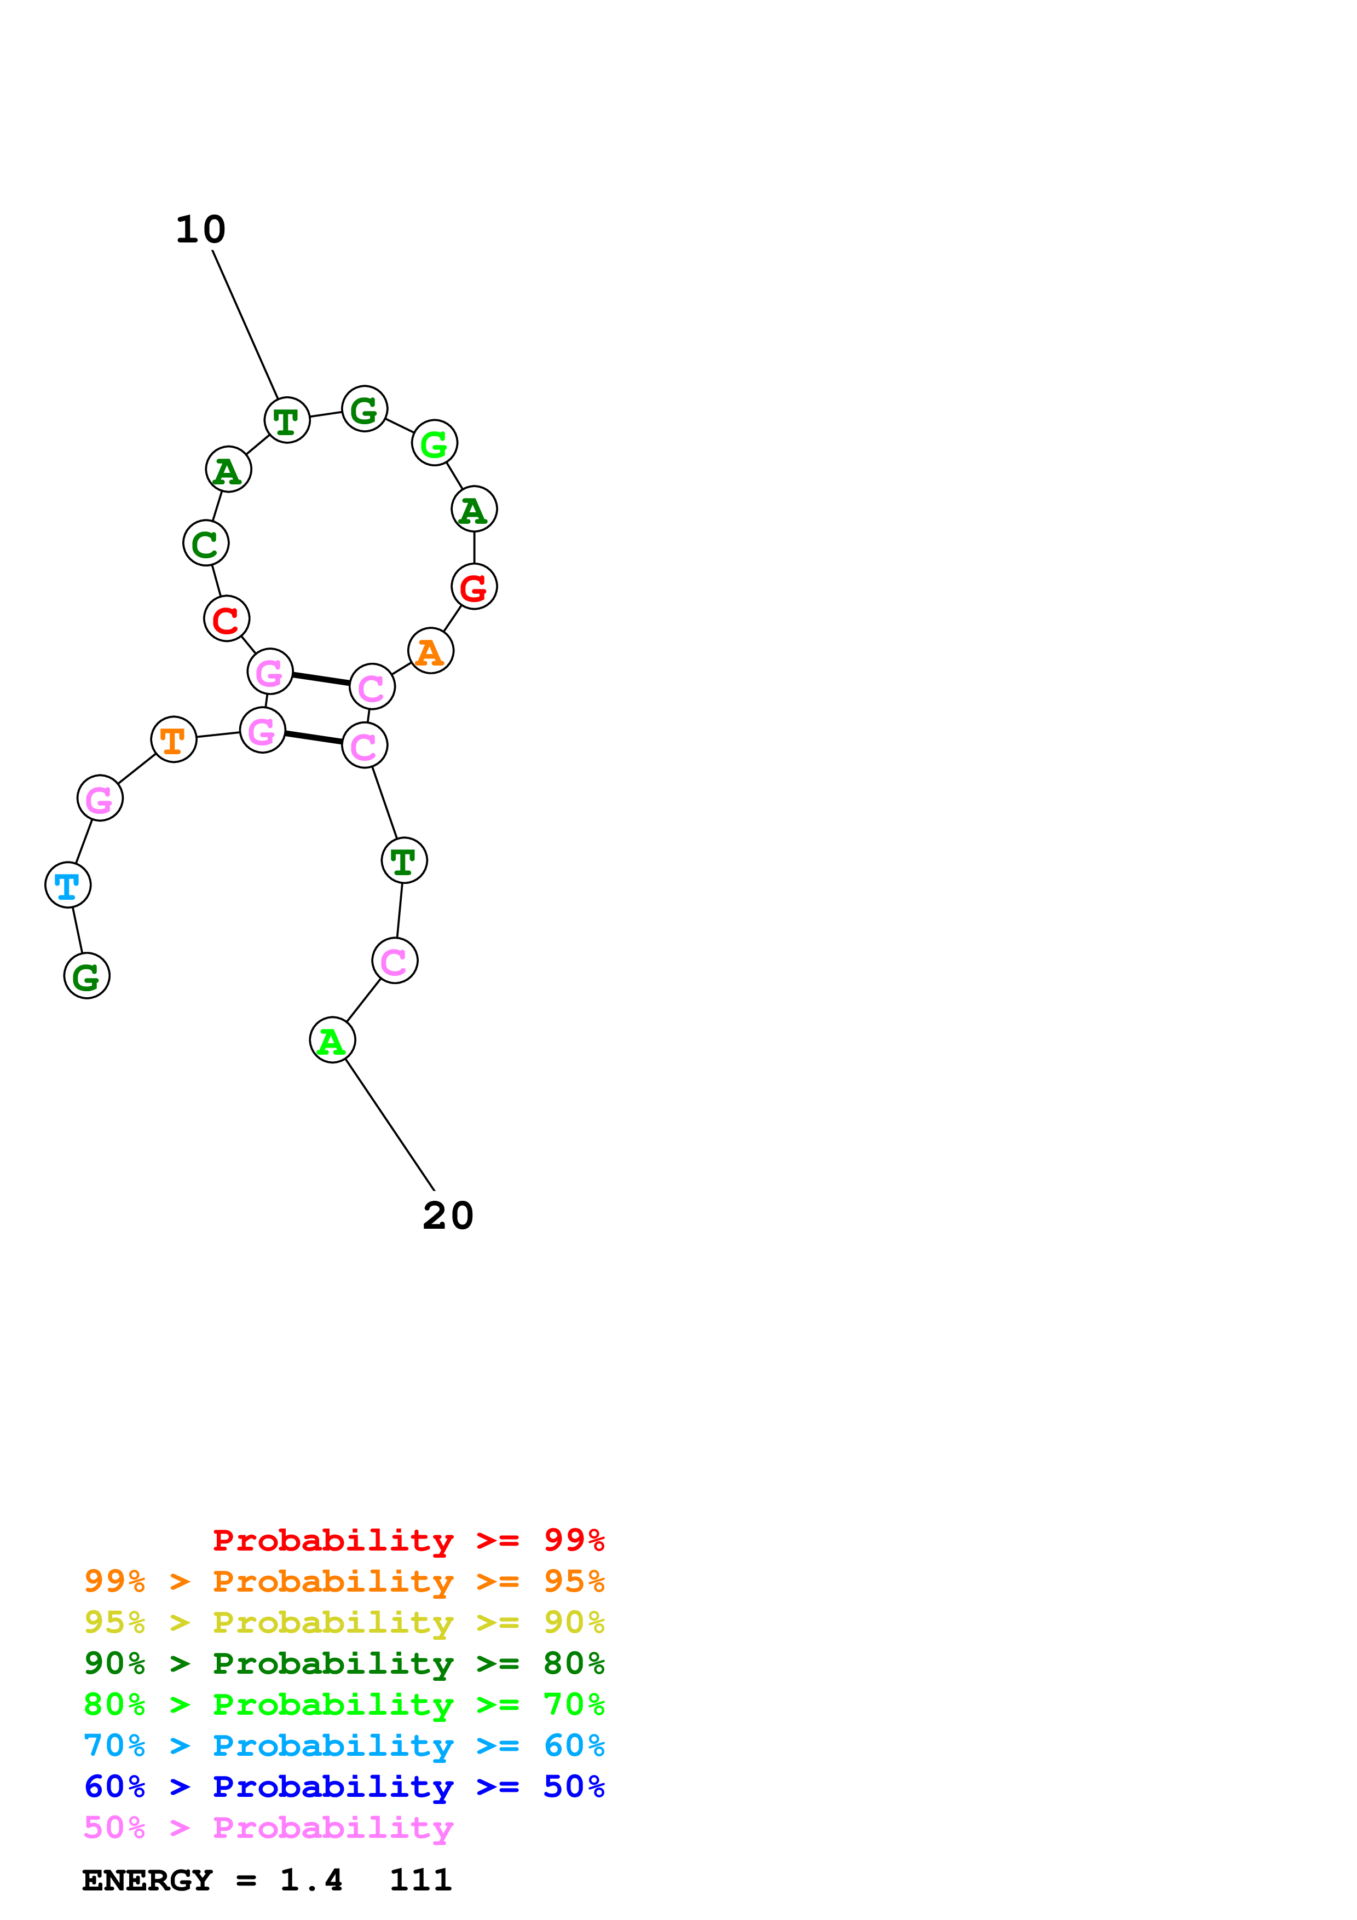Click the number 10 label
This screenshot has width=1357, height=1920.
[201, 230]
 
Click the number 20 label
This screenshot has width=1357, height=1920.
[448, 1216]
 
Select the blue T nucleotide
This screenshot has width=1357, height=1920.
[68, 884]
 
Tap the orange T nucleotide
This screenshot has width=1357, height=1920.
[173, 740]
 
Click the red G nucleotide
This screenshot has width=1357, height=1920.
[474, 587]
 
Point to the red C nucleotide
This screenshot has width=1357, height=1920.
[227, 620]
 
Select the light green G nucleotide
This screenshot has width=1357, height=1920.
[434, 443]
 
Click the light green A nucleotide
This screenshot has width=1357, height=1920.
[332, 1041]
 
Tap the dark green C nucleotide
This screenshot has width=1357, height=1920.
[206, 543]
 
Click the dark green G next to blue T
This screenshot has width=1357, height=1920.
[87, 976]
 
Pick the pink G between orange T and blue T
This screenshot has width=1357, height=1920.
[100, 799]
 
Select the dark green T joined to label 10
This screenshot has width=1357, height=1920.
[287, 421]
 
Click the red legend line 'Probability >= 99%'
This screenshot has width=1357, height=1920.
[408, 1540]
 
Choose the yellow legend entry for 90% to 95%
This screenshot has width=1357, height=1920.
[344, 1622]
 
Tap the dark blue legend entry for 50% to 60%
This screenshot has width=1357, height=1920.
[344, 1787]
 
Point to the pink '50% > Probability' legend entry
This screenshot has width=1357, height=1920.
[268, 1828]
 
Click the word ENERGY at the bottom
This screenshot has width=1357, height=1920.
[147, 1881]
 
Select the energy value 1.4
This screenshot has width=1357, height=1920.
[311, 1881]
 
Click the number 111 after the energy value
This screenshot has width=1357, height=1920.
[420, 1881]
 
